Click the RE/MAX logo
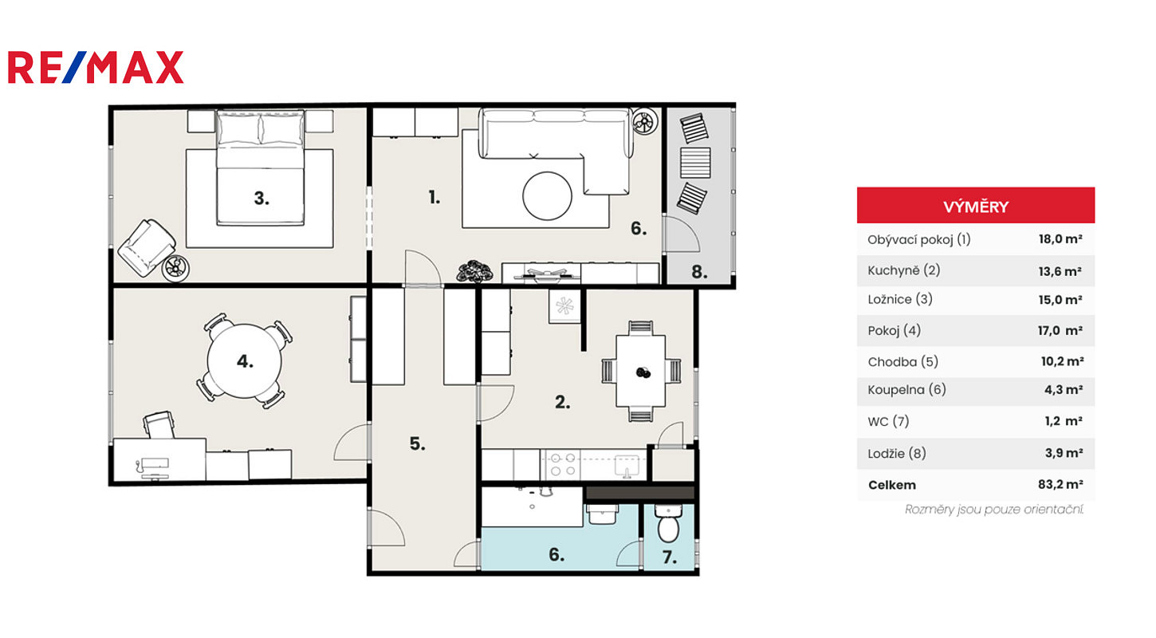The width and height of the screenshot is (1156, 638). [96, 67]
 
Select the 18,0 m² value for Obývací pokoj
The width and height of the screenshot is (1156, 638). [1060, 239]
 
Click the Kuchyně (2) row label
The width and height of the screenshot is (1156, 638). [903, 270]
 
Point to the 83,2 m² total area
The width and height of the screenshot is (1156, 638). [1060, 484]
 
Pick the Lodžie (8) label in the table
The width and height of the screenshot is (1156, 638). [897, 453]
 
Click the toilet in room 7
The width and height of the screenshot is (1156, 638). [668, 523]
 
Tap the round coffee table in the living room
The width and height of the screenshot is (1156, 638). [547, 196]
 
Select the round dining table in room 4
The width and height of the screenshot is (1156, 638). [245, 360]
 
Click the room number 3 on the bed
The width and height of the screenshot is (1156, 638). [261, 199]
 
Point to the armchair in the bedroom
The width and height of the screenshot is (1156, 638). [147, 247]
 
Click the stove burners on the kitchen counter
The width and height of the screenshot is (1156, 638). [563, 464]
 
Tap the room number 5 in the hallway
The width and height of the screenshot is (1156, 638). [417, 443]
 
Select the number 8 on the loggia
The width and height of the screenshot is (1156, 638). [699, 272]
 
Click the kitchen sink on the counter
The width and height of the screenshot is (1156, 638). [627, 466]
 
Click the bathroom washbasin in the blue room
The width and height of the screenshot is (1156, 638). [602, 514]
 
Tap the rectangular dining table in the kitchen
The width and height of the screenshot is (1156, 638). [640, 371]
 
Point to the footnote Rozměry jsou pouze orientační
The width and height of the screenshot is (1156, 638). [994, 510]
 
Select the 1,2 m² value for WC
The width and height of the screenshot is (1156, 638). [1063, 421]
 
